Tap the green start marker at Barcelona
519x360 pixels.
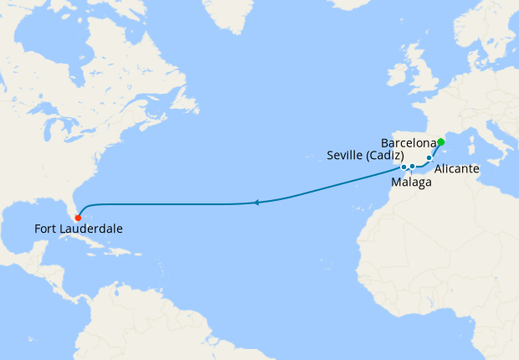[441, 141]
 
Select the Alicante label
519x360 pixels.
[456, 169]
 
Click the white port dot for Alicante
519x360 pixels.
[429, 157]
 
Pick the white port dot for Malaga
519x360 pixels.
[413, 167]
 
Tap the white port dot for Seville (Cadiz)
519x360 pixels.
[403, 167]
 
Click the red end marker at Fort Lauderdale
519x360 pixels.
[78, 219]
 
